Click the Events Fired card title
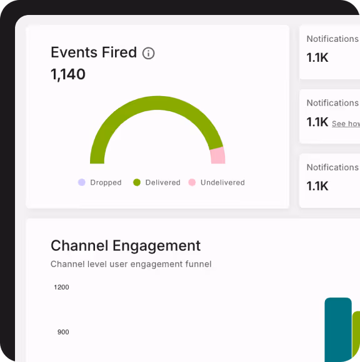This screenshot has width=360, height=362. [x=94, y=52]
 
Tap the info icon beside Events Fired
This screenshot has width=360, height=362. [x=148, y=53]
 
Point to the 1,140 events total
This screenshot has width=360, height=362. [x=68, y=75]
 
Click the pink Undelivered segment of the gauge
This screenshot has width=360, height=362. [x=217, y=155]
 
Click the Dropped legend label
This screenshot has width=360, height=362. [x=106, y=183]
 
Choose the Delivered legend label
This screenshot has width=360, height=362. [x=162, y=183]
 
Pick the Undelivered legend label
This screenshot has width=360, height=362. [x=222, y=183]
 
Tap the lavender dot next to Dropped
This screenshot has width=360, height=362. [x=81, y=182]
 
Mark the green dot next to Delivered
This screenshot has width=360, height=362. [x=137, y=182]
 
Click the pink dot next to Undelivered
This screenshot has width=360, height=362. [x=192, y=182]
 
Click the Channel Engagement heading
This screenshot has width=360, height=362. [x=126, y=245]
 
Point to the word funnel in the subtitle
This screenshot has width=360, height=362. [x=197, y=264]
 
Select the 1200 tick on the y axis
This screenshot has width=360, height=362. [x=61, y=287]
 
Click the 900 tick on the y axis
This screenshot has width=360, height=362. [x=63, y=332]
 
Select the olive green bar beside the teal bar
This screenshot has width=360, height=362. [x=356, y=337]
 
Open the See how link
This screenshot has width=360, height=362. [x=346, y=124]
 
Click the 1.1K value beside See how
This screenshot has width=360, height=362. [x=317, y=122]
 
